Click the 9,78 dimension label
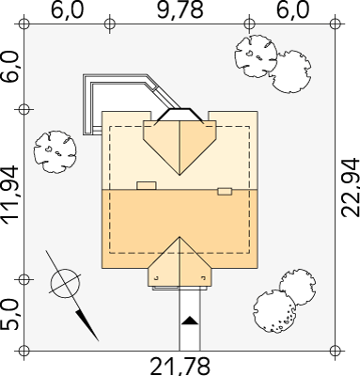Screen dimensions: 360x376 pyautogui.click(x=180, y=9)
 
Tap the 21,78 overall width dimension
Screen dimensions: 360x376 pyautogui.click(x=180, y=367)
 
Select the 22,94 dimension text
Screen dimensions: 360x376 pyautogui.click(x=350, y=188)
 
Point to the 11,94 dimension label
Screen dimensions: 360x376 pyautogui.click(x=10, y=196)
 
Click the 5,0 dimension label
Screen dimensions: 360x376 pyautogui.click(x=10, y=315)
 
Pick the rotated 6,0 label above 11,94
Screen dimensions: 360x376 pyautogui.click(x=10, y=67)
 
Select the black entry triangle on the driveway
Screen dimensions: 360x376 pyautogui.click(x=190, y=321)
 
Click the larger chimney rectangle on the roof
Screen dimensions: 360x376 pyautogui.click(x=147, y=185)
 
